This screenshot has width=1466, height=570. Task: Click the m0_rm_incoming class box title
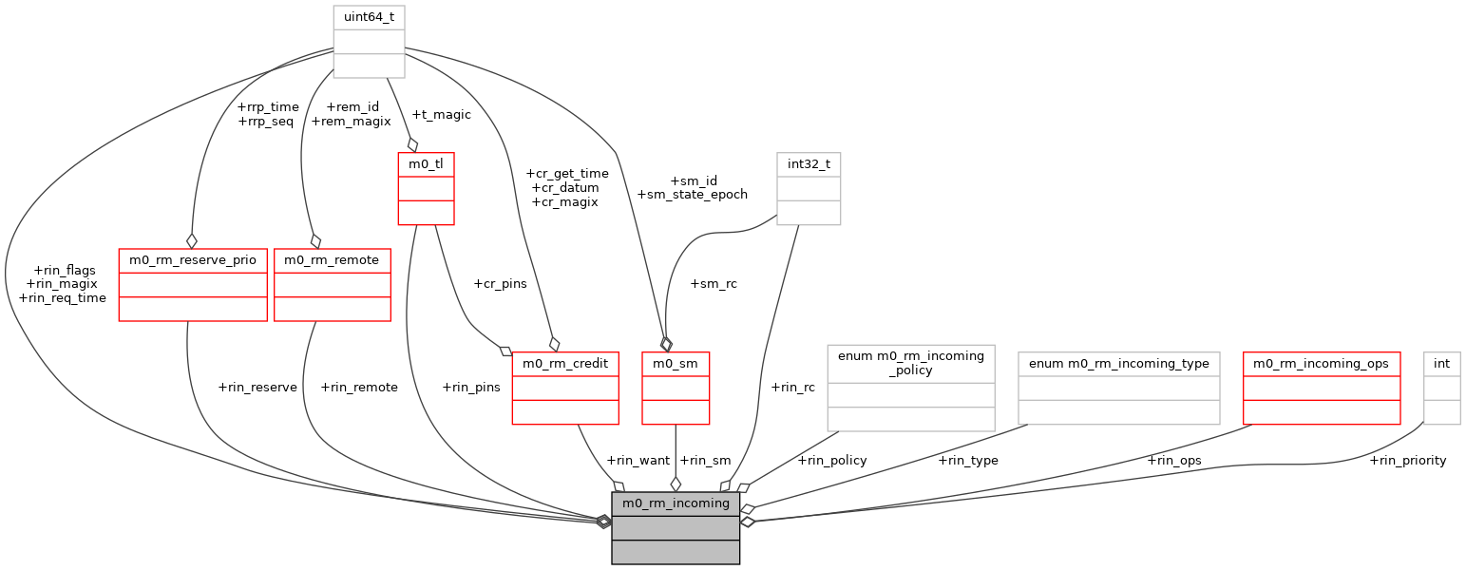click(676, 503)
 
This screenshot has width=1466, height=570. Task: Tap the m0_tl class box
click(426, 164)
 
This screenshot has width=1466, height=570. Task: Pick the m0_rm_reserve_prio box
click(193, 260)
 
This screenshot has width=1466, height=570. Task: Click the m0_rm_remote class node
click(332, 260)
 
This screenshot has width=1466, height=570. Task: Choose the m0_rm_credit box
click(565, 364)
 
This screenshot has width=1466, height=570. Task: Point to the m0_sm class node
click(676, 364)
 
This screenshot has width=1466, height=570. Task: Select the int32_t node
click(809, 164)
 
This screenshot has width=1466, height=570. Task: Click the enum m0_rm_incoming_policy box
click(911, 363)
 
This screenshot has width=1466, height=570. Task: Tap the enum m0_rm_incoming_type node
click(1118, 364)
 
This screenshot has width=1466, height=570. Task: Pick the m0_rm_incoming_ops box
click(1322, 364)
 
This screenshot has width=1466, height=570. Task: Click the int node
click(1441, 364)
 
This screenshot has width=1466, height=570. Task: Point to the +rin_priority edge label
click(1407, 461)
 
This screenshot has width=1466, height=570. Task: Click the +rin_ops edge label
click(1173, 461)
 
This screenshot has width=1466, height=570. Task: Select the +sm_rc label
click(714, 283)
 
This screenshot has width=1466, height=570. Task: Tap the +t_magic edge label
click(440, 115)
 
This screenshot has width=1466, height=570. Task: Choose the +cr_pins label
click(499, 283)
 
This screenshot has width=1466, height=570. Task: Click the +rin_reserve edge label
click(257, 387)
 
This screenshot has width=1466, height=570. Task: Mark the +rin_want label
click(638, 461)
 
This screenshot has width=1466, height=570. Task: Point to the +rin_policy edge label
click(832, 461)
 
